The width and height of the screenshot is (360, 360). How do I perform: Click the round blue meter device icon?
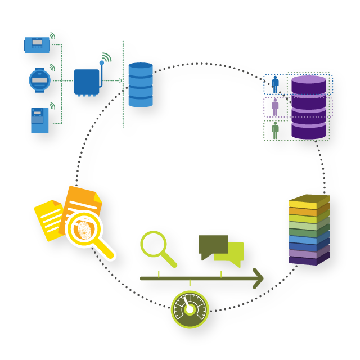39,80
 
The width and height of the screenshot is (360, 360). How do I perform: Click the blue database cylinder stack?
140,84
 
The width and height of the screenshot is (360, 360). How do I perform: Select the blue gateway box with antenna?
87,82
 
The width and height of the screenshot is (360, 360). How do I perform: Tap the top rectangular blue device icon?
37,44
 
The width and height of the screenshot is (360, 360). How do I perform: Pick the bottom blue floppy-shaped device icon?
39,120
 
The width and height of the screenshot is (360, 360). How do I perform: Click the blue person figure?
275,84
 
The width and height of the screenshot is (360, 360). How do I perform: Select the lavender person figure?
275,106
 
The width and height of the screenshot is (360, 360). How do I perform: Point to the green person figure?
275,129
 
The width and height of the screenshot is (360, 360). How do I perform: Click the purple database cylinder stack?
308,107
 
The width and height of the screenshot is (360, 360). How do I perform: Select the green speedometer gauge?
190,309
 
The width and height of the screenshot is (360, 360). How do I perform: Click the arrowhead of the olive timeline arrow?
258,278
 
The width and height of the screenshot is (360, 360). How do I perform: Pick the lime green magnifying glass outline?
154,244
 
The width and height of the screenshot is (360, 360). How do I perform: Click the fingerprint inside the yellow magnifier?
84,229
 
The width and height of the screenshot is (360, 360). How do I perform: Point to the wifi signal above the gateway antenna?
106,57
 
